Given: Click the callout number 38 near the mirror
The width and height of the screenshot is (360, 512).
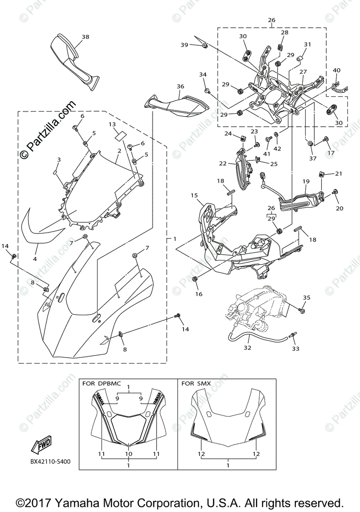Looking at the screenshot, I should tap(86, 37).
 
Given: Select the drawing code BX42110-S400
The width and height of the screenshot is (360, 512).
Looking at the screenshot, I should tap(50, 462).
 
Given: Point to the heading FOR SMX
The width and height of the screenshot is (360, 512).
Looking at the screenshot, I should tap(196, 384).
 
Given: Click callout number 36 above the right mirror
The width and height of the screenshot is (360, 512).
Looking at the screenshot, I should tap(180, 87).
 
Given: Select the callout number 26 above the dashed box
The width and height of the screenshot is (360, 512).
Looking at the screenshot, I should tap(272, 20).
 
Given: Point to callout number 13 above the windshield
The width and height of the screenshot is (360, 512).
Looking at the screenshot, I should tap(112, 125).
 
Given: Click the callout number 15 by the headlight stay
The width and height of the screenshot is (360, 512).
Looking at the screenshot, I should tap(194, 195).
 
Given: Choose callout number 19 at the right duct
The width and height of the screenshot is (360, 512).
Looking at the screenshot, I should tap(306, 181).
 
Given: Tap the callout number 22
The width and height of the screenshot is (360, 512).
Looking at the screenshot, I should tap(222, 163).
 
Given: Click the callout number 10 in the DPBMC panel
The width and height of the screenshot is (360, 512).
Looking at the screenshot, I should tap(129, 454).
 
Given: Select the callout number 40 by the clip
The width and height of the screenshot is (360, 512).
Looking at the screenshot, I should tap(337, 70).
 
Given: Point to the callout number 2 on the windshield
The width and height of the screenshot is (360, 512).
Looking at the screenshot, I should tap(119, 151).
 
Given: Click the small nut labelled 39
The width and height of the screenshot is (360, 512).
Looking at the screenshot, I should tap(205, 46).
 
